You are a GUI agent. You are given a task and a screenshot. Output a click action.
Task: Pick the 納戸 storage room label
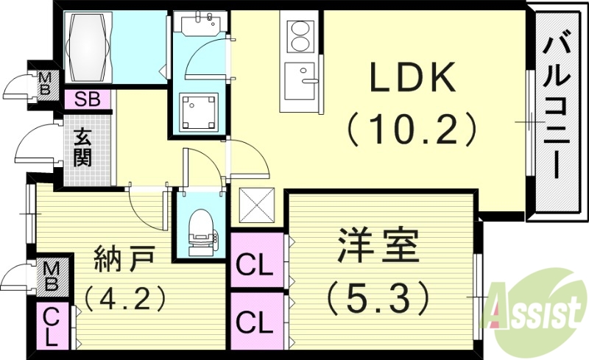[x=124, y=260]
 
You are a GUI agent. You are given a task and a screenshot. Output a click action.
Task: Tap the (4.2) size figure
[x=123, y=300]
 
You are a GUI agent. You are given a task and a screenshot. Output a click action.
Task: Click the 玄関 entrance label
[x=82, y=147]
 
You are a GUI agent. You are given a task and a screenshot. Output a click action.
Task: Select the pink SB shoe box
[x=88, y=99]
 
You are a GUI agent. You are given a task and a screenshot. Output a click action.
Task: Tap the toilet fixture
[x=200, y=228]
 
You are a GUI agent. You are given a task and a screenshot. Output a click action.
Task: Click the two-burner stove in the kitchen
[x=300, y=36]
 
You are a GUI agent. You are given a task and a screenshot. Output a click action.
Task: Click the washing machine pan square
[x=198, y=111]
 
